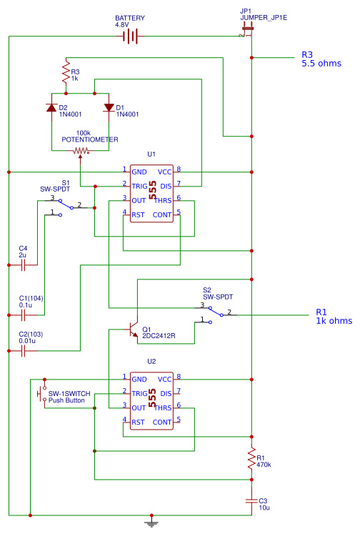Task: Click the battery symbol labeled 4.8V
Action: point(129,36)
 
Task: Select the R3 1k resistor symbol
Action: point(65,74)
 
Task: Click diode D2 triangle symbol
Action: point(51,108)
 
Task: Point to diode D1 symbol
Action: point(109,108)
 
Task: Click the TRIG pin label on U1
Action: point(139,185)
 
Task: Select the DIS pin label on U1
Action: point(165,185)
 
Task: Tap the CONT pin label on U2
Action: point(162,422)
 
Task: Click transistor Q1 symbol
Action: point(132,329)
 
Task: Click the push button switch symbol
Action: point(40,392)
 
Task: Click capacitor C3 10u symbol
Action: point(251,500)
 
